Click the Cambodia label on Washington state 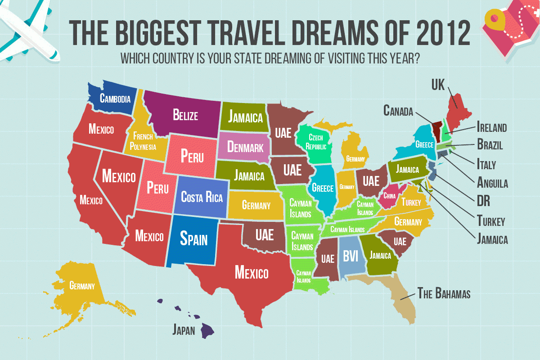coord(116,99)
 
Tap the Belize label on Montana coord(185,115)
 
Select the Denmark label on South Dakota coord(245,147)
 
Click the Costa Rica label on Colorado coord(202,197)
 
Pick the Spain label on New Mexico coord(193,238)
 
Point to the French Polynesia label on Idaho coord(143,141)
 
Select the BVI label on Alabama coord(350,256)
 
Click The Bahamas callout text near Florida coord(444,294)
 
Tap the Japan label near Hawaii coord(184,330)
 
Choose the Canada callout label coord(398,110)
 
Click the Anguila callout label coord(492,183)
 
